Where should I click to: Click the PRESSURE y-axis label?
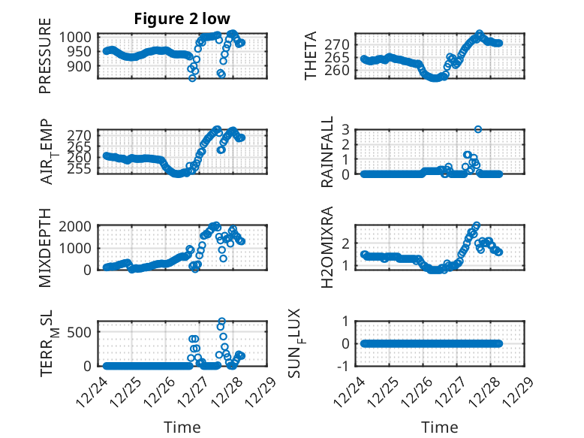(x=46, y=62)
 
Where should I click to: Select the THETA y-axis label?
(x=309, y=56)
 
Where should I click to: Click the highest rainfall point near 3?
(x=477, y=129)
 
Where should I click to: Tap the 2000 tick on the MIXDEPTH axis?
(x=80, y=225)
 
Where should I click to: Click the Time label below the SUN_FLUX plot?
(x=440, y=427)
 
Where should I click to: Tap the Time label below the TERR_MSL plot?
(x=182, y=427)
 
